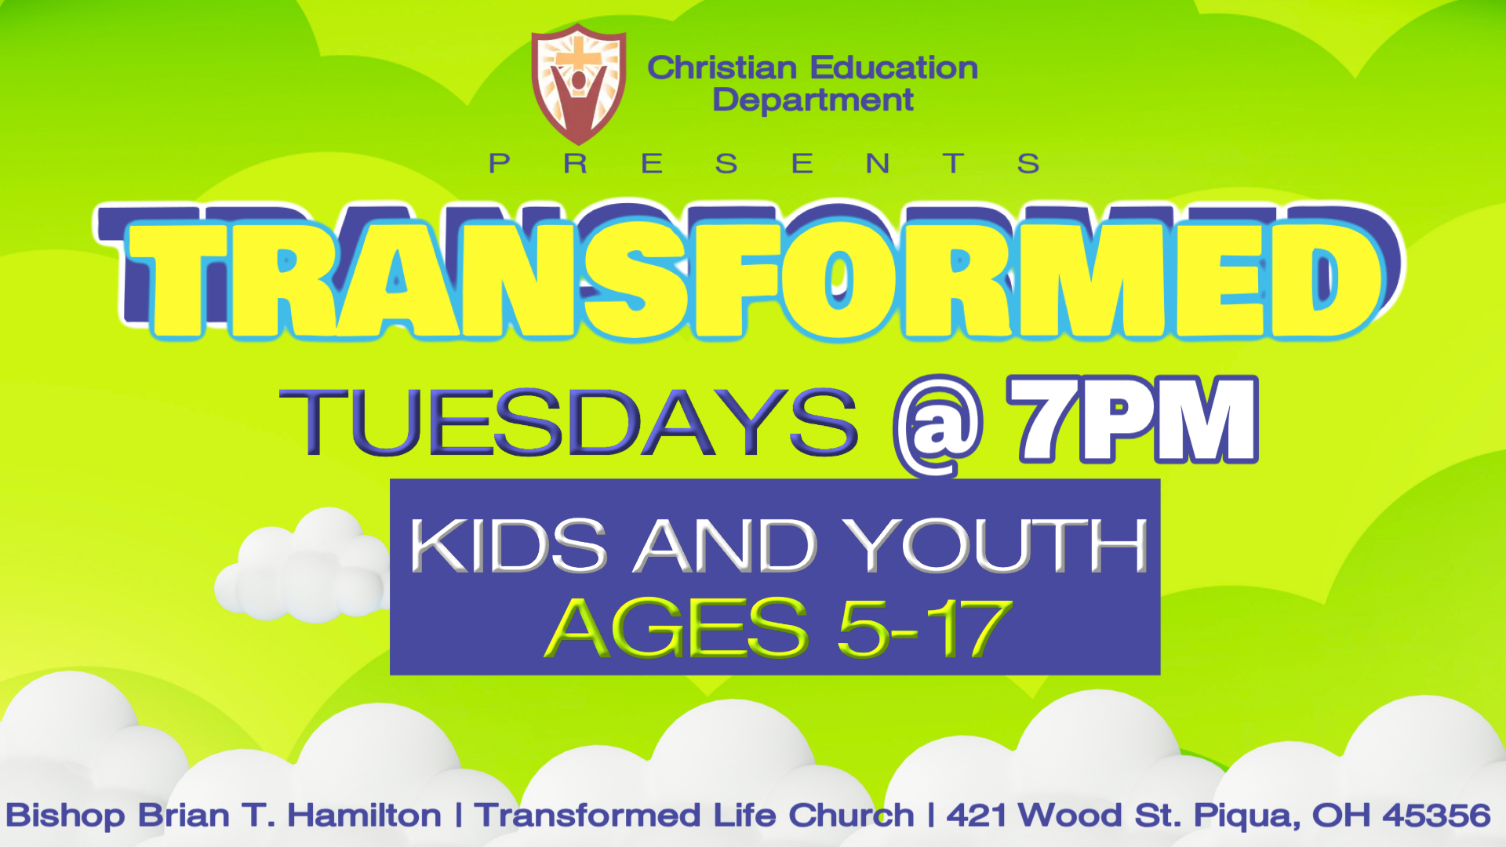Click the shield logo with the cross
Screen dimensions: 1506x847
[579, 85]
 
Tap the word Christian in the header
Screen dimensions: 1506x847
[722, 68]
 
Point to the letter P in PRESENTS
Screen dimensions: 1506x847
[499, 164]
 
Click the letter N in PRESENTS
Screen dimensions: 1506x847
[878, 164]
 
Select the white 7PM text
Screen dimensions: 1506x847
[1133, 420]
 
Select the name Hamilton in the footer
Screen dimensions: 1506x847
[364, 816]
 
